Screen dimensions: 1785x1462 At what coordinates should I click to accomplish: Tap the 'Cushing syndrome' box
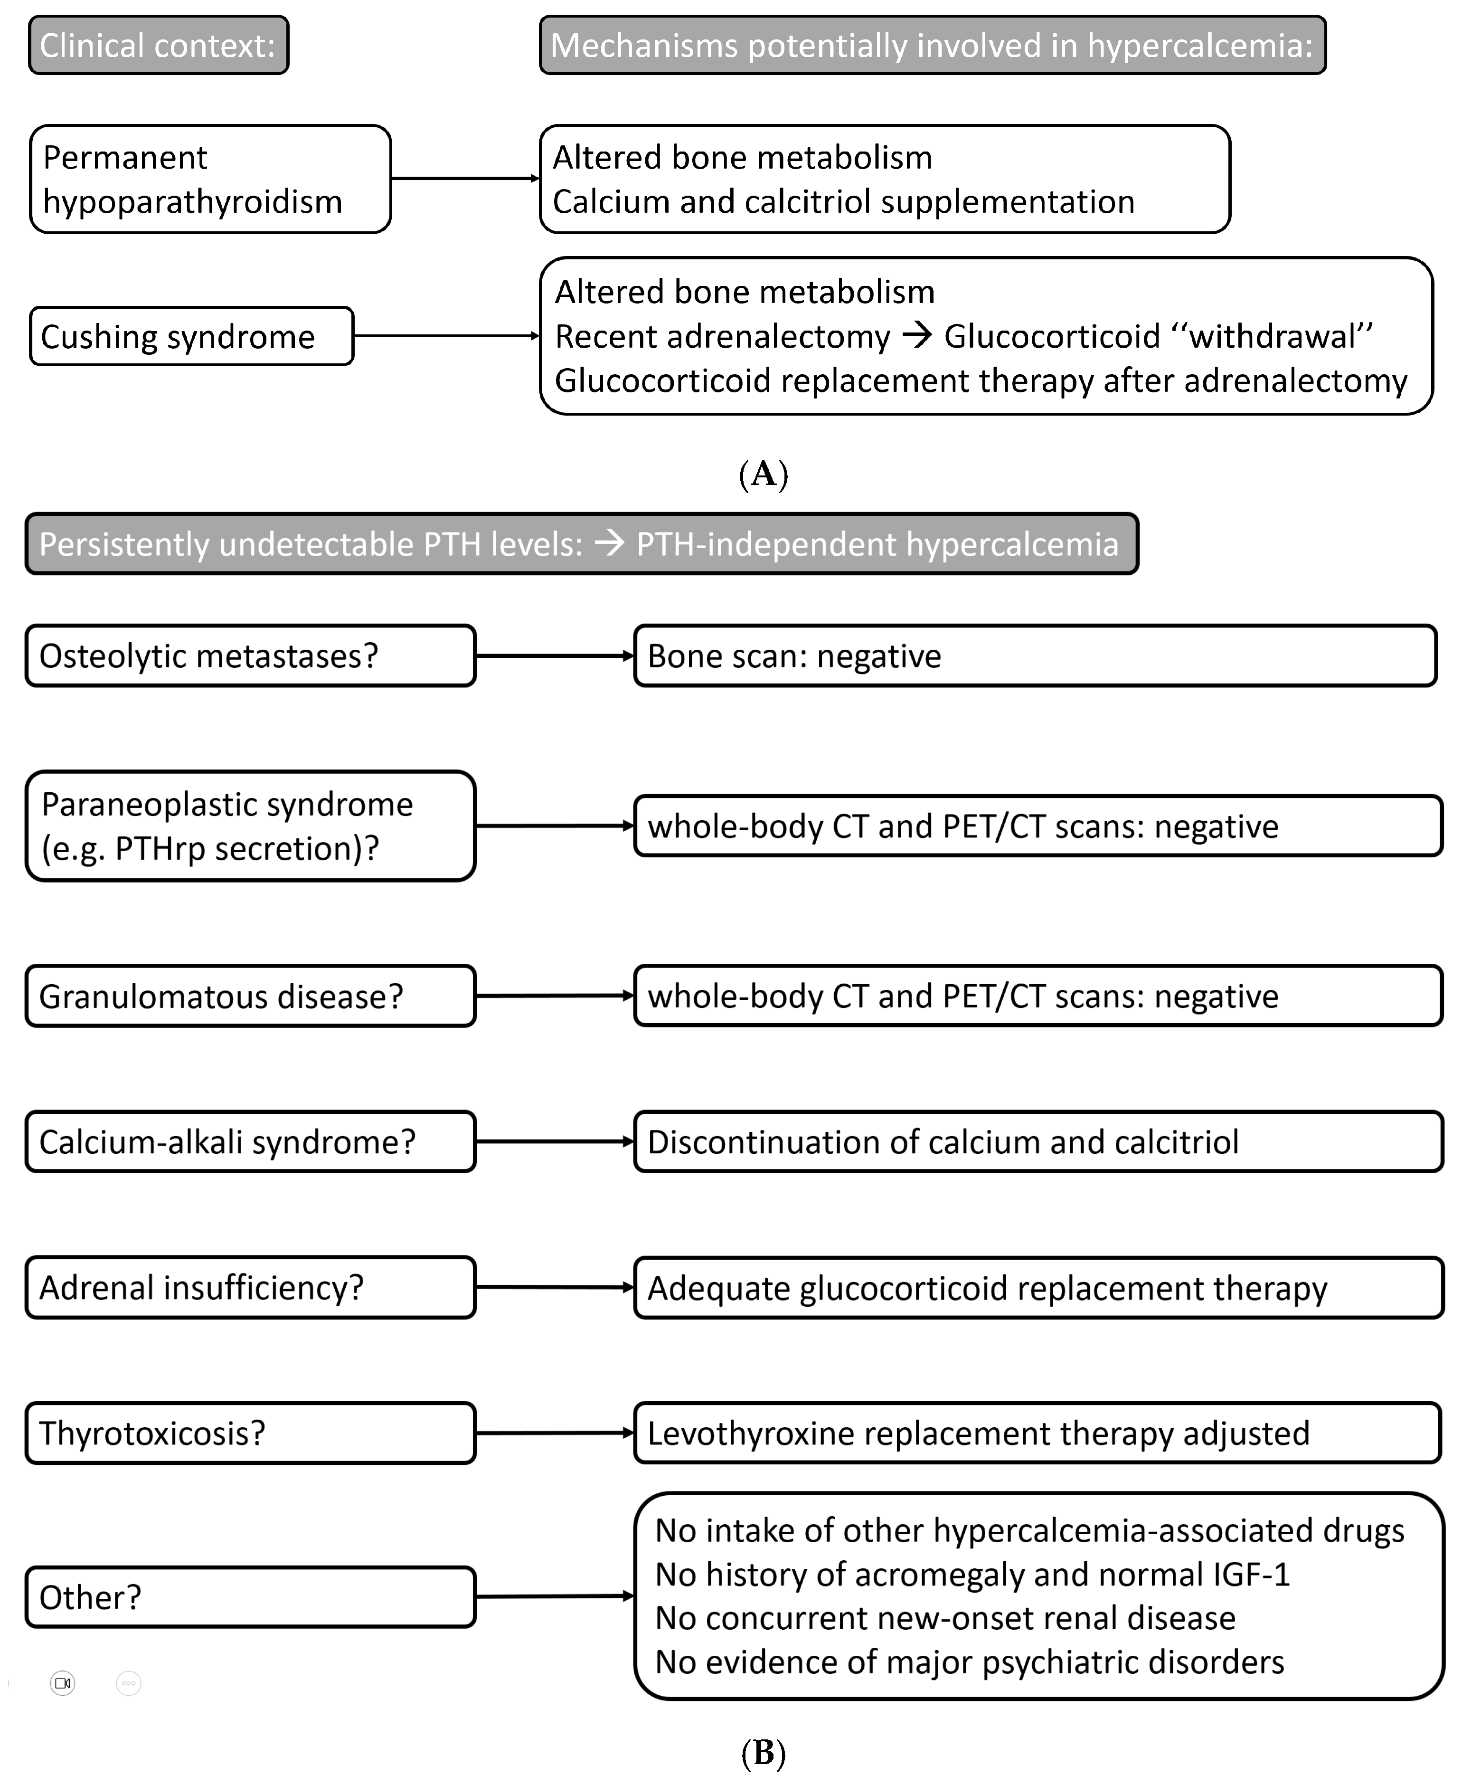pos(191,337)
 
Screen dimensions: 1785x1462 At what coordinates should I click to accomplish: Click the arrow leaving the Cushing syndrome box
pos(446,336)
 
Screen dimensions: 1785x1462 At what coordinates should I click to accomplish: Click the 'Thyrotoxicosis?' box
pos(250,1434)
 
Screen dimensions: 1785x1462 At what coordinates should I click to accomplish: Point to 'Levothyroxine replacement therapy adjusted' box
pos(1038,1434)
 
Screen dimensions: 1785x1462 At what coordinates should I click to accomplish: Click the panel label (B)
pos(763,1754)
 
